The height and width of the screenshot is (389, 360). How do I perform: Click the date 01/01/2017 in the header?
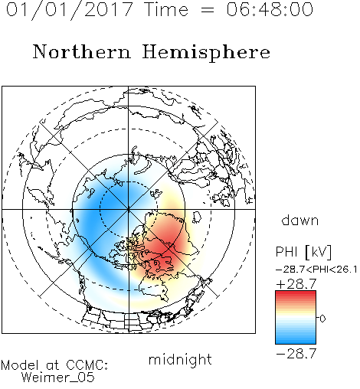point(70,10)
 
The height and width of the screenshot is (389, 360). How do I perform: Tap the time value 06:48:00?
point(270,9)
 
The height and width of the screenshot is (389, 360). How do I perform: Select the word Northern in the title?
point(82,51)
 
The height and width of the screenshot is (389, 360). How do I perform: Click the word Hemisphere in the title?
point(206,53)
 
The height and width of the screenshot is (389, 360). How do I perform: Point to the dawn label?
point(300,220)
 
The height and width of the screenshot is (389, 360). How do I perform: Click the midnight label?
point(180,359)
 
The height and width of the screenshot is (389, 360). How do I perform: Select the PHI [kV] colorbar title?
point(303,252)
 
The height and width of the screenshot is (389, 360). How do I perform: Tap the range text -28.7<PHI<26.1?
point(316,270)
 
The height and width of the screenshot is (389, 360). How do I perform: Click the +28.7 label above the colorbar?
point(296,284)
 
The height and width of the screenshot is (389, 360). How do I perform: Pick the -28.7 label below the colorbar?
point(296,354)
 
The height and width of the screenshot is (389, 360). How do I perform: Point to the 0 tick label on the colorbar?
point(322,319)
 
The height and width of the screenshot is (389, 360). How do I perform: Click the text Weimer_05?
point(58,377)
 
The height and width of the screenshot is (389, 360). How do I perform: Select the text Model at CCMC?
point(54,365)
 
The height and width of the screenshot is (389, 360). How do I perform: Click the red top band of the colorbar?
point(296,293)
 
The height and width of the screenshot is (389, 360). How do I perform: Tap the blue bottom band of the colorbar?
point(296,342)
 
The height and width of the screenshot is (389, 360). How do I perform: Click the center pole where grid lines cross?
point(129,209)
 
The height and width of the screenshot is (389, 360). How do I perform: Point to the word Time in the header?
point(166,9)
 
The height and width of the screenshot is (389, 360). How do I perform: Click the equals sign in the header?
point(208,10)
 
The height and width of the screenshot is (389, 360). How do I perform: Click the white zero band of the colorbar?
point(296,318)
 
